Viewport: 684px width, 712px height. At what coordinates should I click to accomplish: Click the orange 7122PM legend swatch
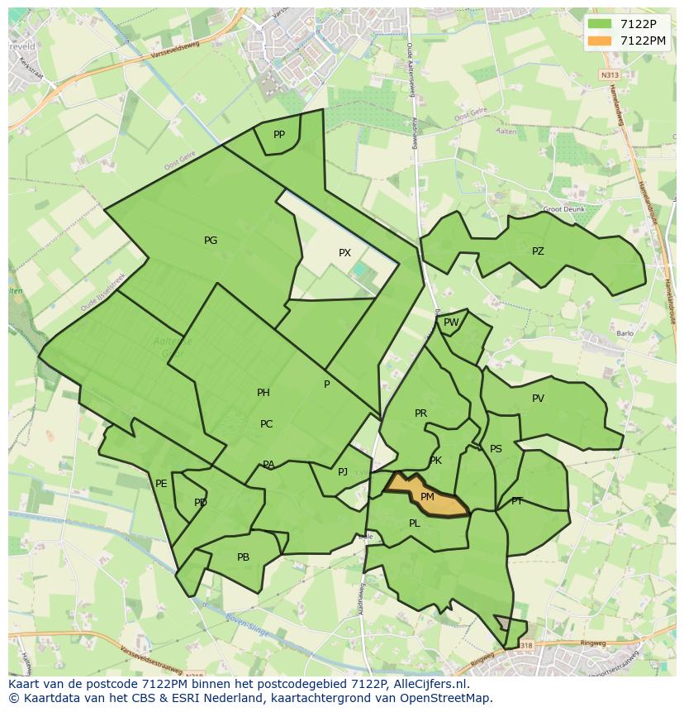pyautogui.click(x=601, y=41)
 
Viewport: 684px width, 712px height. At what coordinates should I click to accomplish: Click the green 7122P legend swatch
pyautogui.click(x=601, y=23)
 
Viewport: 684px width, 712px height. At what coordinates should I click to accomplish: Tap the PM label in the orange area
pyautogui.click(x=427, y=497)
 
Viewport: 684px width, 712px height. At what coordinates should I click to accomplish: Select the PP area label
pyautogui.click(x=279, y=135)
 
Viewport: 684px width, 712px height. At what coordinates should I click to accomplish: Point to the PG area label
pyautogui.click(x=211, y=241)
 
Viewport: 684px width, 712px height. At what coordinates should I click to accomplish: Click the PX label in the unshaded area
pyautogui.click(x=344, y=253)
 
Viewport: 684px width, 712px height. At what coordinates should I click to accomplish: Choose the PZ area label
pyautogui.click(x=538, y=251)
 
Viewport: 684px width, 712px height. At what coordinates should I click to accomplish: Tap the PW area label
pyautogui.click(x=451, y=323)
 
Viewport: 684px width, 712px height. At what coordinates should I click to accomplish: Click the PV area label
pyautogui.click(x=538, y=399)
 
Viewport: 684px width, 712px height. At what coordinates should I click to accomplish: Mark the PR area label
pyautogui.click(x=420, y=413)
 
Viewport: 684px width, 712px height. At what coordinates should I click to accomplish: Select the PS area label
pyautogui.click(x=496, y=449)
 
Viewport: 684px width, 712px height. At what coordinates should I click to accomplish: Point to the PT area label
pyautogui.click(x=517, y=501)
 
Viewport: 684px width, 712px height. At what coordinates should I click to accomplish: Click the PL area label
pyautogui.click(x=415, y=523)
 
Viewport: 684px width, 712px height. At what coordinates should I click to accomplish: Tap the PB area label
pyautogui.click(x=243, y=557)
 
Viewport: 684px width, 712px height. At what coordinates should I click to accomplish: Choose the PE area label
pyautogui.click(x=161, y=484)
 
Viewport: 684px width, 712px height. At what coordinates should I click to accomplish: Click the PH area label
pyautogui.click(x=263, y=393)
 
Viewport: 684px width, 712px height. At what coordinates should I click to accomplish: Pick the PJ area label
pyautogui.click(x=343, y=472)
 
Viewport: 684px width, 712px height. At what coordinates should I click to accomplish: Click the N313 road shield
pyautogui.click(x=610, y=75)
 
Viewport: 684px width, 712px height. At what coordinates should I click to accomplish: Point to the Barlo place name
pyautogui.click(x=625, y=334)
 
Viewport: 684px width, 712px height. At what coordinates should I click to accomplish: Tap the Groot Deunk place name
pyautogui.click(x=565, y=209)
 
